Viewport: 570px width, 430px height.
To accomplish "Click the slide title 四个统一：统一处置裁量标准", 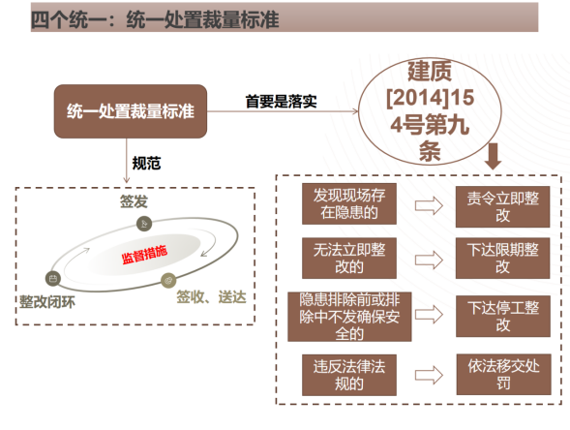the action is click(x=155, y=19).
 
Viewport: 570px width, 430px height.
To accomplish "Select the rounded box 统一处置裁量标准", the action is click(x=131, y=111).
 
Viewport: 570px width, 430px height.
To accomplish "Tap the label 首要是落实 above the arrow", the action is click(x=281, y=101).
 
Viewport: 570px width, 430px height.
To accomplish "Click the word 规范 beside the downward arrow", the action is click(x=146, y=163).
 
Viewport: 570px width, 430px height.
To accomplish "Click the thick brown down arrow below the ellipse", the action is click(x=494, y=156).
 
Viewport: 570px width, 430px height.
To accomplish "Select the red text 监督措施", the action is click(x=144, y=255).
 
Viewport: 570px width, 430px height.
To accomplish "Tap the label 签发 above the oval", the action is click(x=134, y=201).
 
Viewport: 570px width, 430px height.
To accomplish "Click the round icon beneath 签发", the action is click(x=144, y=224).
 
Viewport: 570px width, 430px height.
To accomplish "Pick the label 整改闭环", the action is click(x=47, y=302).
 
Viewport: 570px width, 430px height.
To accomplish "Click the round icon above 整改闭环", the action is click(x=53, y=279).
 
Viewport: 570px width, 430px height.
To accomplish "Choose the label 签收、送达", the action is click(x=211, y=297).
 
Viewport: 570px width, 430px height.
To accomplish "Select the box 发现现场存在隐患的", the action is click(x=349, y=203).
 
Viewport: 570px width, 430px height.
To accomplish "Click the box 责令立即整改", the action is click(x=503, y=207).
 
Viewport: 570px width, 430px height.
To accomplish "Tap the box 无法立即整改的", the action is click(x=349, y=259).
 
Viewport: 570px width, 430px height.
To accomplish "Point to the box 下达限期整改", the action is click(x=503, y=259).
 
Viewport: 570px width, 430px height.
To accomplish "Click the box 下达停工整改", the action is click(x=503, y=316).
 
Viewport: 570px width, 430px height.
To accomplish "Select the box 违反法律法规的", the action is click(x=349, y=375).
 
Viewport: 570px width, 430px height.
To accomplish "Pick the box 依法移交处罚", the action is click(x=504, y=375).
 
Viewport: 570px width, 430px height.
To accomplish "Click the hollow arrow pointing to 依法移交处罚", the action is click(x=429, y=375).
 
